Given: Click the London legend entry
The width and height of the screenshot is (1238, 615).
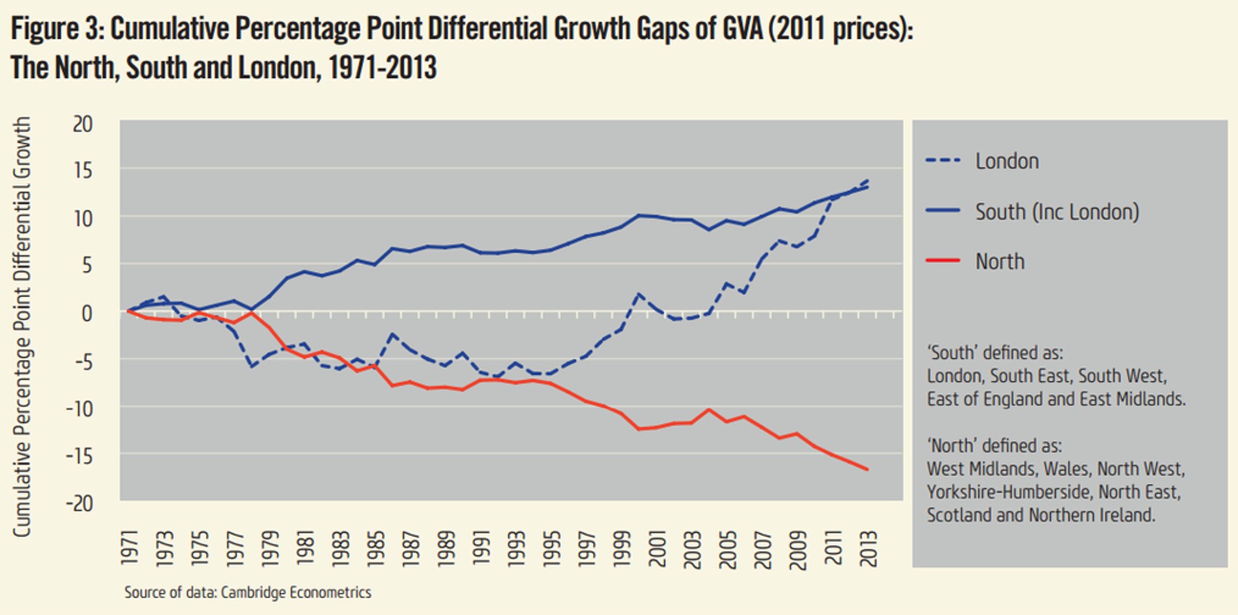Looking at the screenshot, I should (x=1007, y=161).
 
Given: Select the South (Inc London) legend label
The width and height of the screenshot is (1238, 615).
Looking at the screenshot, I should (x=1057, y=212).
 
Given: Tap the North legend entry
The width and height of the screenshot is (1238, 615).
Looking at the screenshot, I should (x=1000, y=262).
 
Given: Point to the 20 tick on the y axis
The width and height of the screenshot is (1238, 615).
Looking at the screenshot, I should (x=83, y=125).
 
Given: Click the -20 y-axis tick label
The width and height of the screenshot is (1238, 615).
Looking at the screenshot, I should (x=80, y=504).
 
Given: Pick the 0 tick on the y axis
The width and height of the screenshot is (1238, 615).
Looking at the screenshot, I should (x=87, y=313).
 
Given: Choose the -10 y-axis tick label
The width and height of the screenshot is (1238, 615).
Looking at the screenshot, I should (x=80, y=408).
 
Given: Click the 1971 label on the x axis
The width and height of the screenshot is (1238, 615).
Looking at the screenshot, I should (x=129, y=547).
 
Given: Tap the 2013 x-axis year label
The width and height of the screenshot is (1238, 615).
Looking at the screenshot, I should (x=868, y=547).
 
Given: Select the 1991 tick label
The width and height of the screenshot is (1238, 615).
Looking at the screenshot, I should (x=481, y=547).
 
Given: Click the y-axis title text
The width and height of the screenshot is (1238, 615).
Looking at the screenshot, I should (x=22, y=326).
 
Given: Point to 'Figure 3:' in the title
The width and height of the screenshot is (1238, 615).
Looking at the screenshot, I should (x=57, y=29).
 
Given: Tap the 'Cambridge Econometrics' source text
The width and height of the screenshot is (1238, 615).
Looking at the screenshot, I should (x=296, y=593).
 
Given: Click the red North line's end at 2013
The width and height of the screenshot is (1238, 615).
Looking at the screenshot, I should (x=867, y=469).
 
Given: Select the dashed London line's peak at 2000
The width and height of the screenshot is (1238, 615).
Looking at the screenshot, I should (x=639, y=294).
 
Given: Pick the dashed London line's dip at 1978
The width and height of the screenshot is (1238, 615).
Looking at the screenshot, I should (x=252, y=366).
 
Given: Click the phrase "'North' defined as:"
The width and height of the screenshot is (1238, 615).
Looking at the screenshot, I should (x=994, y=446).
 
